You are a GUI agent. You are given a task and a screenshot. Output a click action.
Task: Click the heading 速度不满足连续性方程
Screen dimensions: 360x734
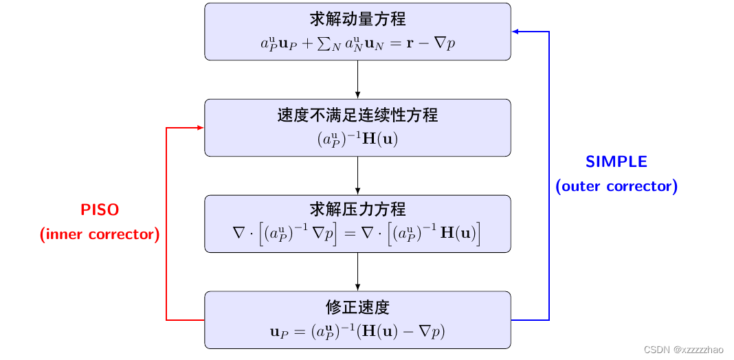point(357,115)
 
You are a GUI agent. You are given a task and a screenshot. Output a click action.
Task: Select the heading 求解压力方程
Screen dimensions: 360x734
point(357,210)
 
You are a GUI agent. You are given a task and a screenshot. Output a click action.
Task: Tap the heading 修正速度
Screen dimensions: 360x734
point(357,306)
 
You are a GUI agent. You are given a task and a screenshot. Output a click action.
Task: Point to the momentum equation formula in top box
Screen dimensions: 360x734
point(357,43)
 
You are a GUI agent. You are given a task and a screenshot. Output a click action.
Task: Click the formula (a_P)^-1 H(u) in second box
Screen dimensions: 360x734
point(357,139)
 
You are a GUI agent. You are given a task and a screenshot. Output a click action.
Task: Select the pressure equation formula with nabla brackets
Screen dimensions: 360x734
point(357,234)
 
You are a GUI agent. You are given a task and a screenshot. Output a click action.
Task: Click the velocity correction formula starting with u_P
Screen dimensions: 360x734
point(357,332)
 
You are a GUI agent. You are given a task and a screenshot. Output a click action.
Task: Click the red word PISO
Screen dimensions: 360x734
point(100,210)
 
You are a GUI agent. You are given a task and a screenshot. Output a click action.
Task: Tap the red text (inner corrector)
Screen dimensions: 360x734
point(100,234)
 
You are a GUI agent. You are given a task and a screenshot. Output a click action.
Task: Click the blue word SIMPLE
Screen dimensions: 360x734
point(616,161)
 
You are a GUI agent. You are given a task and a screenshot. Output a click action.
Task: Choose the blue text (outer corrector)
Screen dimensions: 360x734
point(616,186)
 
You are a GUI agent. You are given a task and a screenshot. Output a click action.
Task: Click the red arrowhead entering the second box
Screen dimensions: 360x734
point(200,128)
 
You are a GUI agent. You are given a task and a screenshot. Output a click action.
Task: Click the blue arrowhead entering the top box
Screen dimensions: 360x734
point(515,32)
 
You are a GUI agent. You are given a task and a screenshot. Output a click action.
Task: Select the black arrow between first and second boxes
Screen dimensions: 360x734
point(357,80)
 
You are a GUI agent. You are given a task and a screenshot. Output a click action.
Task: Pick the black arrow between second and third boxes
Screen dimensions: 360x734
point(357,176)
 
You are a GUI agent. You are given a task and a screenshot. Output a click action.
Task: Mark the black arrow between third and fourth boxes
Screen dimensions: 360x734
point(357,272)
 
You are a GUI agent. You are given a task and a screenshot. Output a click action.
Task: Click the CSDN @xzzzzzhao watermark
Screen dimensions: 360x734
point(685,350)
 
